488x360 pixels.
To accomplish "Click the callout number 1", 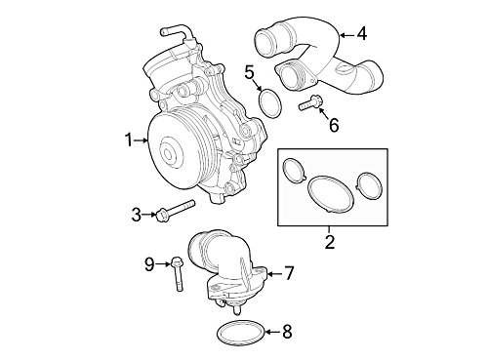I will tap(128, 140).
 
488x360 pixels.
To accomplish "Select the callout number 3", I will tap(136, 213).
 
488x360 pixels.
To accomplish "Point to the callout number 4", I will tap(361, 34).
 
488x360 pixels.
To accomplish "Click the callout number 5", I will tap(249, 71).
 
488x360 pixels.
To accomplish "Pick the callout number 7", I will tap(289, 274).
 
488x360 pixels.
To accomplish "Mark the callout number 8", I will tap(286, 332).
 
